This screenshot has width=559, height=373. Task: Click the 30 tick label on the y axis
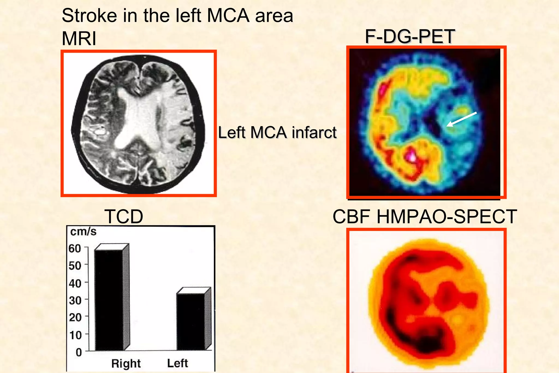coord(75,300)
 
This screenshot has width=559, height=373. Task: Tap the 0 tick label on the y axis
coord(79,352)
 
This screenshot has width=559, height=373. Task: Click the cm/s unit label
coord(83,232)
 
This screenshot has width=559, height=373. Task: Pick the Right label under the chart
coord(126,363)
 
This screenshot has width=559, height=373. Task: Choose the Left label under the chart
coord(177,363)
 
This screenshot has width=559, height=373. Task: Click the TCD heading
coord(124,217)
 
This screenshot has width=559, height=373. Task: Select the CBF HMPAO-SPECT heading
coord(425,217)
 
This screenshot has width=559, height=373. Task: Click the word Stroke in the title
coord(90,16)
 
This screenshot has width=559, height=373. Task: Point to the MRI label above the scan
coord(79,39)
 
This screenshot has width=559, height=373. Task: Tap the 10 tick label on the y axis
coord(75,335)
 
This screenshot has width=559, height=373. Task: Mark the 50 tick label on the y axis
coord(75,265)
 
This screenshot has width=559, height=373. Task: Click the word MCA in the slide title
coord(228,16)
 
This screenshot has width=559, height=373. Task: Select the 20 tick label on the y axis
coord(75,317)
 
